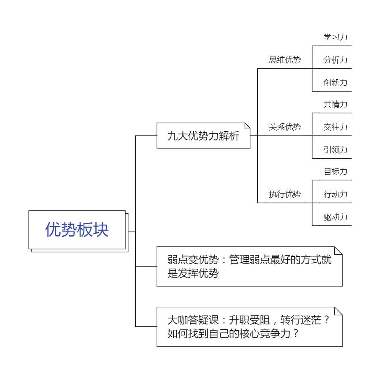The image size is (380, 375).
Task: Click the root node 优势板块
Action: (x=77, y=230)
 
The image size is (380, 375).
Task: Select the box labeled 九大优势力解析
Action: (x=203, y=136)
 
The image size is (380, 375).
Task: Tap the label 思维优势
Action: (x=285, y=60)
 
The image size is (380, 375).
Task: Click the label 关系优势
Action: (x=285, y=127)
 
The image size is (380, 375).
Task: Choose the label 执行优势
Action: (x=285, y=194)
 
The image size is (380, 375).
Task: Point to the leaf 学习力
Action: (x=336, y=37)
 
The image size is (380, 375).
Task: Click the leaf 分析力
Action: (x=336, y=60)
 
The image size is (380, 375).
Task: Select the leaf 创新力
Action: (x=336, y=83)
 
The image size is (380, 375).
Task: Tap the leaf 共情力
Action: (x=336, y=104)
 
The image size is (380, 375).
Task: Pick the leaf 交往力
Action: (x=336, y=127)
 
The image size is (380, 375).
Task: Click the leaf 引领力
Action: (x=336, y=150)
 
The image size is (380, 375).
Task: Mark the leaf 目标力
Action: (x=336, y=172)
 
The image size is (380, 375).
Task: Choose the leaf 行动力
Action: (x=336, y=194)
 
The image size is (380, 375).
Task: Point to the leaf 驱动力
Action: (x=336, y=217)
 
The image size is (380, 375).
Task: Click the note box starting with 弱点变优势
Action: (x=250, y=266)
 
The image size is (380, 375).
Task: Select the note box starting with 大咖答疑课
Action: (x=250, y=327)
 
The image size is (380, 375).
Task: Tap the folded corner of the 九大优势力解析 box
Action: (x=248, y=125)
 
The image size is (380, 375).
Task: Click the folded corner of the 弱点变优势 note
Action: (x=339, y=251)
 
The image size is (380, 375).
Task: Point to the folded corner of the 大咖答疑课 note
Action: (x=339, y=311)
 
